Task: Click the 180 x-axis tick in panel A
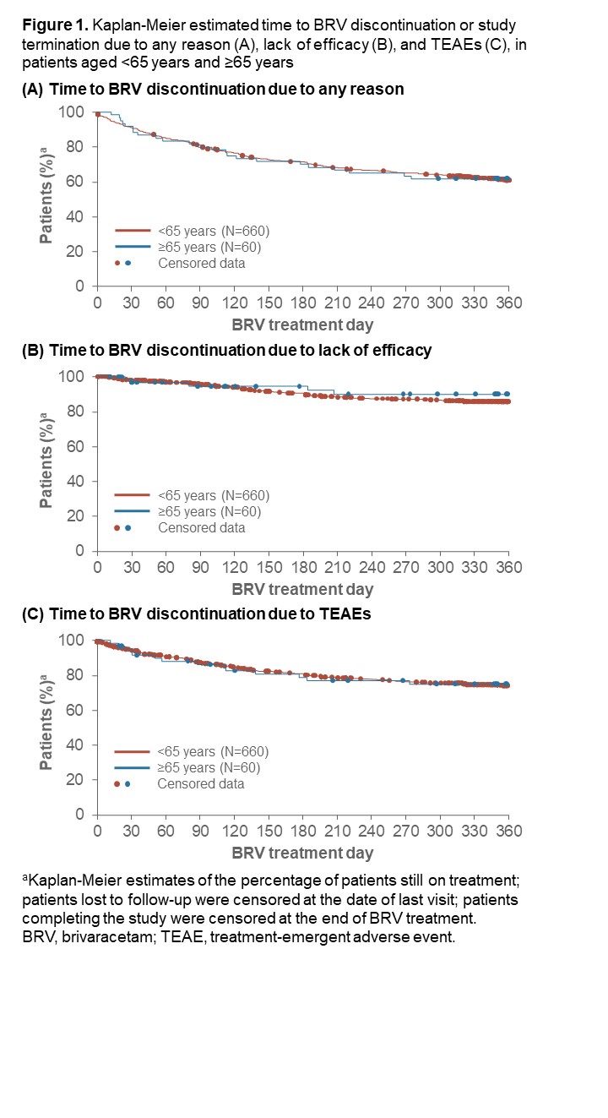pos(302,302)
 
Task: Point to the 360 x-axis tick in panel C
pos(508,830)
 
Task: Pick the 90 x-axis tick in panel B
pos(199,566)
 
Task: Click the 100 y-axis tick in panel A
pos(77,112)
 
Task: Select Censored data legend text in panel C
pos(201,783)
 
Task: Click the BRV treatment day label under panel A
pos(302,324)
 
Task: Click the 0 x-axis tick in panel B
pos(97,566)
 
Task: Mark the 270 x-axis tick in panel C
pos(405,830)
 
